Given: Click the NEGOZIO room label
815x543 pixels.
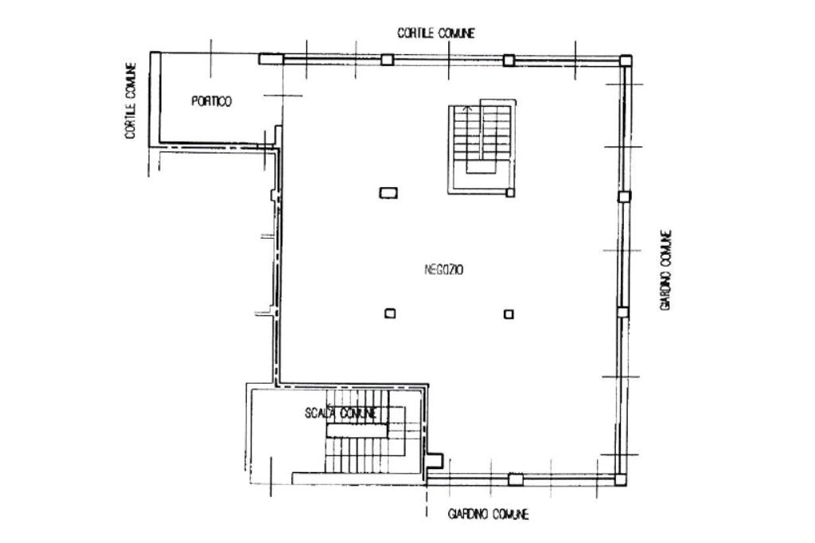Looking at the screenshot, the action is tap(444, 270).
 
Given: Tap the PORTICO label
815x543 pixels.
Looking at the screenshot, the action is tap(212, 101).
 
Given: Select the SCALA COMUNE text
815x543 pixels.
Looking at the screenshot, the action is tap(340, 413).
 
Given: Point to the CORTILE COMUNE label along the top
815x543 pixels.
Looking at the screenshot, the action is tap(436, 33).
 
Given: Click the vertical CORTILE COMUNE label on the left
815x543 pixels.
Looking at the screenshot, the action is tap(131, 101).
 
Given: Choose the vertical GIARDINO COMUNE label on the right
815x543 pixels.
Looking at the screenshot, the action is tap(666, 271).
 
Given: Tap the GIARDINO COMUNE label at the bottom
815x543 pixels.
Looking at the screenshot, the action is tap(488, 514).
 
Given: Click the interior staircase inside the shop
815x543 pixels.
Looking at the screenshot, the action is tap(482, 147).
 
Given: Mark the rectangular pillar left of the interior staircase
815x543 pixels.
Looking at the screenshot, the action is tap(388, 193).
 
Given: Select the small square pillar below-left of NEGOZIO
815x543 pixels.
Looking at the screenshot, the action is tap(390, 314).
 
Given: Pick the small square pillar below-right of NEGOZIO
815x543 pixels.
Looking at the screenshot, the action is tap(509, 314).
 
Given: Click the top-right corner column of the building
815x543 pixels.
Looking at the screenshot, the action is tap(626, 61).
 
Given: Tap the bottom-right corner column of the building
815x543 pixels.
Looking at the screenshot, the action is tap(620, 479).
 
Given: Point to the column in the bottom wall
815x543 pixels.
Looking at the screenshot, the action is tap(515, 479).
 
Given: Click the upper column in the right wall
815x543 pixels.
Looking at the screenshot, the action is tap(624, 197).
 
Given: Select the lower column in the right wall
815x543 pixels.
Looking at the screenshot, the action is tap(622, 312).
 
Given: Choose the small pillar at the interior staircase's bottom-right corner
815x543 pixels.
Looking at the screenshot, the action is tap(510, 193).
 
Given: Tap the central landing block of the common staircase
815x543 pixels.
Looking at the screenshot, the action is tap(357, 431).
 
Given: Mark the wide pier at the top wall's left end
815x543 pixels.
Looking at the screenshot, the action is tap(271, 59).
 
